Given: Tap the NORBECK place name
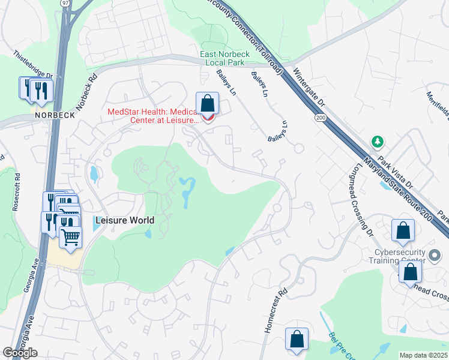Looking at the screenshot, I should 55,115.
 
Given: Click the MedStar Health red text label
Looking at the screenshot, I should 154,116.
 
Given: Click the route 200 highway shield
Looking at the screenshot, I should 319,119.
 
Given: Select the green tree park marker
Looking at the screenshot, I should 377,142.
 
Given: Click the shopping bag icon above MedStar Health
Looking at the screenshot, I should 207,103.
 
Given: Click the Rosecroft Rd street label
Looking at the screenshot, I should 16,191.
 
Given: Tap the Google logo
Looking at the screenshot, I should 20,352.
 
